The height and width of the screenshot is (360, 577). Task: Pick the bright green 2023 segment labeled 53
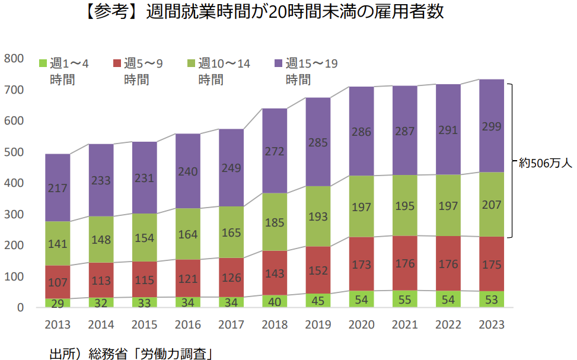[x=491, y=299]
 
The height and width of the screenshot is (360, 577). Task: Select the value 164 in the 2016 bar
[x=187, y=234]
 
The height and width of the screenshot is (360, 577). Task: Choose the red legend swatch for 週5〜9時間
[x=117, y=63]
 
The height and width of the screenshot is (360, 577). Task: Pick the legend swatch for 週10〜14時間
[x=191, y=63]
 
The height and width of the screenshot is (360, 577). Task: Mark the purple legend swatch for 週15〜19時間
[x=278, y=63]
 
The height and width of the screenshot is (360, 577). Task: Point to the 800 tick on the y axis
[x=13, y=58]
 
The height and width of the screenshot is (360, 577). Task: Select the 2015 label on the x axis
[x=144, y=325]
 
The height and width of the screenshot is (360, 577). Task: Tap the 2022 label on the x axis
[x=448, y=325]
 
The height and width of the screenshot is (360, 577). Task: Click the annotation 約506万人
[x=544, y=162]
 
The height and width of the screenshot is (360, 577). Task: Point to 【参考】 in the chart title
[x=109, y=12]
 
